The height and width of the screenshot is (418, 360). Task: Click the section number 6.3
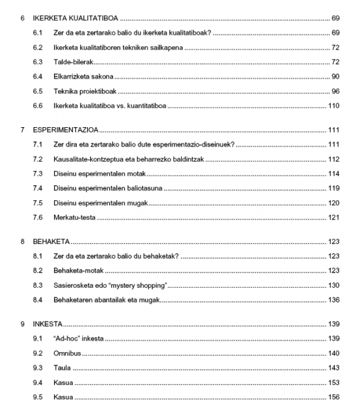pos(38,62)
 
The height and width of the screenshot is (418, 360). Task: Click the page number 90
pos(335,77)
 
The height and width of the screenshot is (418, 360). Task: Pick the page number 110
pos(334,106)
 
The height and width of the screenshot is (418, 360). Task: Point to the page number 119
pos(334,188)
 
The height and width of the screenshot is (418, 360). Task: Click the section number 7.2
pos(38,160)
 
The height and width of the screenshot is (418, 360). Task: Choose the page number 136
pos(334,300)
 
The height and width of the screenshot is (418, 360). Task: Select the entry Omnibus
pos(67,353)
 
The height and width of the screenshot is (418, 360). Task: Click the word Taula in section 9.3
pos(62,368)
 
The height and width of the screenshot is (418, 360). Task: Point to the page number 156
pos(334,397)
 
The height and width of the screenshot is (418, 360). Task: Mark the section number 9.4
pos(38,382)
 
